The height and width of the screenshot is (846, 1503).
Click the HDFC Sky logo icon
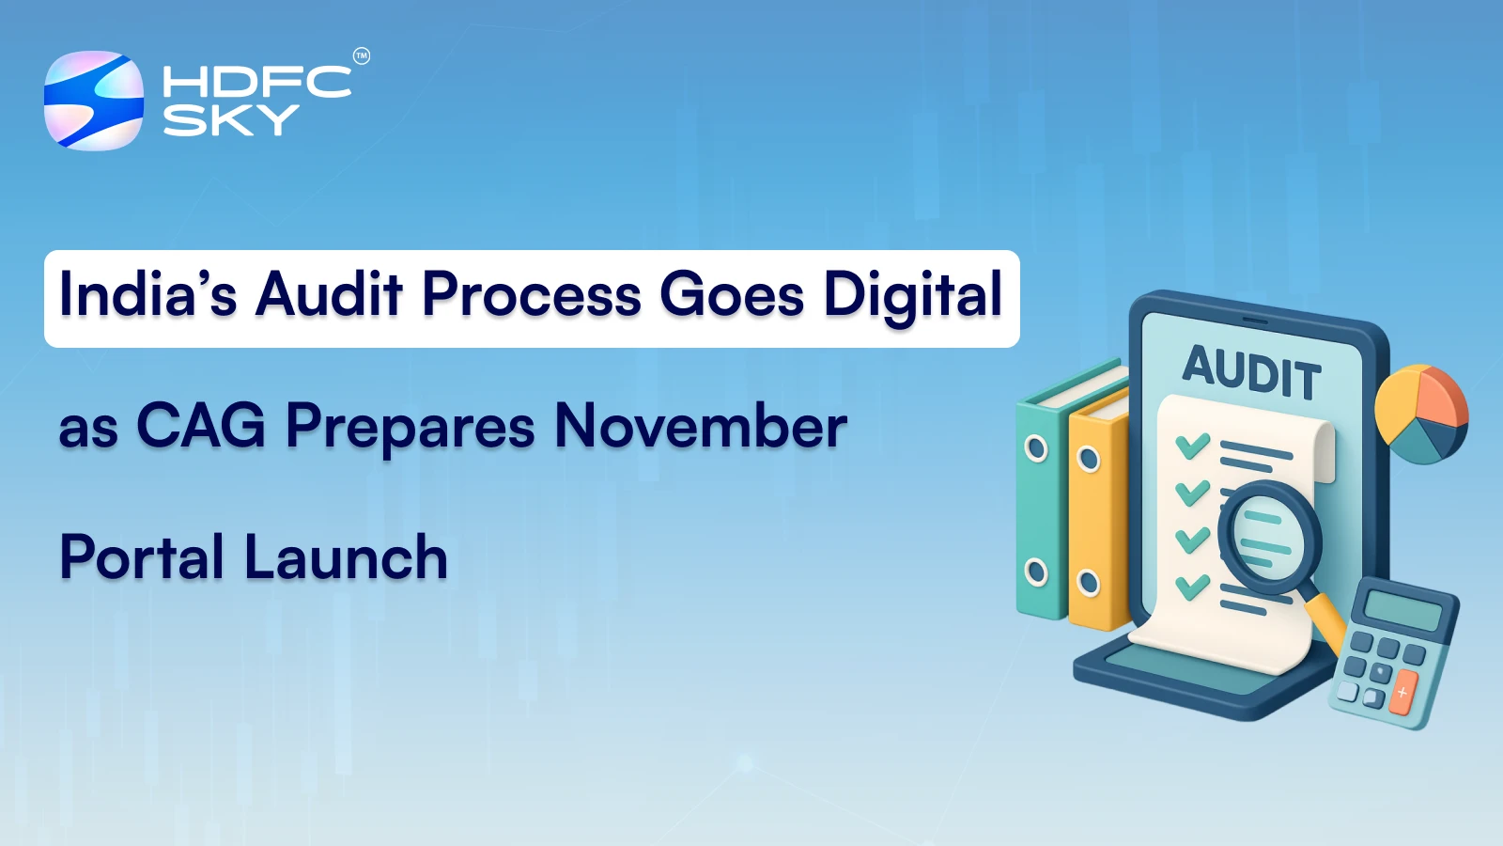pos(94,101)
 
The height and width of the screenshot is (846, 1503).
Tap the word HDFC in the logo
pos(256,82)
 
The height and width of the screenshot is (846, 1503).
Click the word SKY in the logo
pos(230,120)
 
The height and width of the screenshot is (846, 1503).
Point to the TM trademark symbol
pos(362,56)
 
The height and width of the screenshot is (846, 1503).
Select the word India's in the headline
pos(147,294)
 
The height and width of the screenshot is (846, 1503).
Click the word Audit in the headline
pos(329,294)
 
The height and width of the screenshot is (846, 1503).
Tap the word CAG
pos(201,426)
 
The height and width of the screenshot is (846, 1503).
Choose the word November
pos(701,426)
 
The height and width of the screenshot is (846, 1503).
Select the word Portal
pos(142,557)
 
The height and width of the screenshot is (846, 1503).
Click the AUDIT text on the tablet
pos(1251,371)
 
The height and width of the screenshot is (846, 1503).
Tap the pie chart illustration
pos(1420,414)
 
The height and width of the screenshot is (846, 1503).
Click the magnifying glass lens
pos(1269,537)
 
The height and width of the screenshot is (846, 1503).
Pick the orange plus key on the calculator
pos(1402,693)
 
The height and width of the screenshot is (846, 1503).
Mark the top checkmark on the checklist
pos(1192,445)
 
